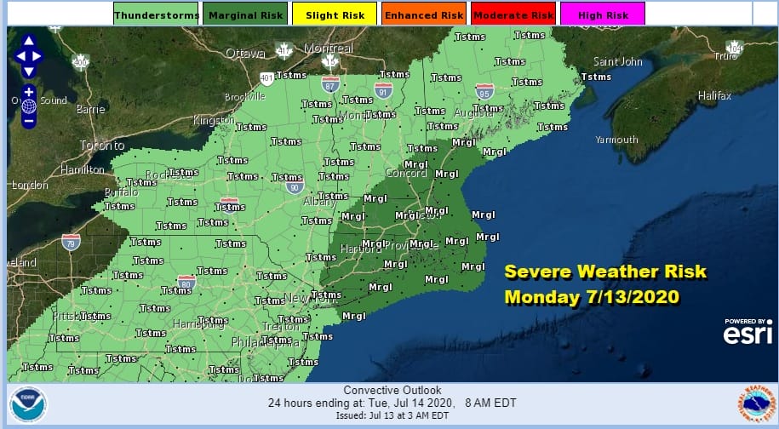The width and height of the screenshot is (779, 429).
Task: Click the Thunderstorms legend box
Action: click(145, 14)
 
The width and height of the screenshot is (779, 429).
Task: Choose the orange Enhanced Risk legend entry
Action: click(424, 14)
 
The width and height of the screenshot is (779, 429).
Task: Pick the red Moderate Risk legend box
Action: click(513, 14)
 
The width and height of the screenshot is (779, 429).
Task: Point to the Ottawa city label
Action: click(244, 54)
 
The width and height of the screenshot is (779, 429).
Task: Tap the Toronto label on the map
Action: click(101, 146)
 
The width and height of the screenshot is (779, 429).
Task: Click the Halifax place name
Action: click(713, 96)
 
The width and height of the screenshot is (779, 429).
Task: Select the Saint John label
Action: click(617, 62)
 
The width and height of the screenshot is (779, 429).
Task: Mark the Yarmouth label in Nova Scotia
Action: click(616, 140)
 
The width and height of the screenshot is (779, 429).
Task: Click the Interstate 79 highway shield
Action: click(71, 241)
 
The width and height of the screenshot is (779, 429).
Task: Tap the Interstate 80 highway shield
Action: click(186, 282)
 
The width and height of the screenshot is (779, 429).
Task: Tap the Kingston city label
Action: click(214, 121)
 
